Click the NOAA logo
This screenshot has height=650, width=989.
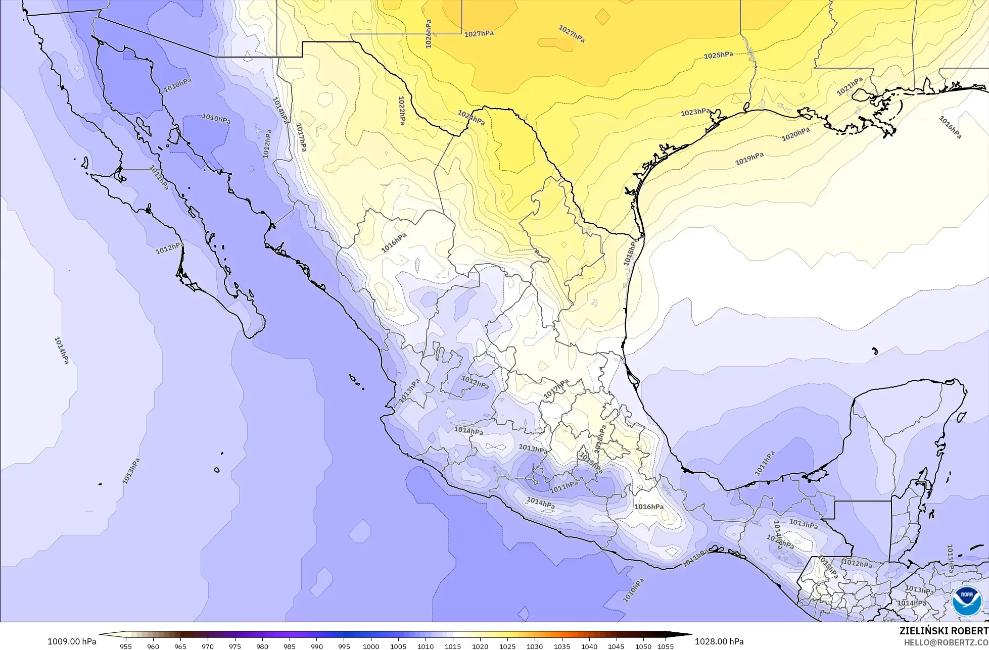(966, 602)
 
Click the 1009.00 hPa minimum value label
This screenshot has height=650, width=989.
(72, 641)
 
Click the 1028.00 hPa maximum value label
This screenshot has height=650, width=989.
(719, 641)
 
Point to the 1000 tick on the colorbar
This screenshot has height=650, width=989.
(371, 646)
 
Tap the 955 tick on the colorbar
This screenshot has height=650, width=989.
(126, 646)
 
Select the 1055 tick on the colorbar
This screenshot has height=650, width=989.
(666, 646)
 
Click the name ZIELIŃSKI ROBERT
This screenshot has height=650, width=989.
(944, 631)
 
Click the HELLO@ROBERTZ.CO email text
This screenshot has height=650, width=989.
(945, 642)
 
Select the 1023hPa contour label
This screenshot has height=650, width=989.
(695, 112)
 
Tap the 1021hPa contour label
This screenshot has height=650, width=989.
(850, 86)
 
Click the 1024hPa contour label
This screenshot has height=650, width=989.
(471, 118)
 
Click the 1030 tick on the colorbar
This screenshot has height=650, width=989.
(535, 646)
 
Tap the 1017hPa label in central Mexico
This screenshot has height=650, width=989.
(556, 388)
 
